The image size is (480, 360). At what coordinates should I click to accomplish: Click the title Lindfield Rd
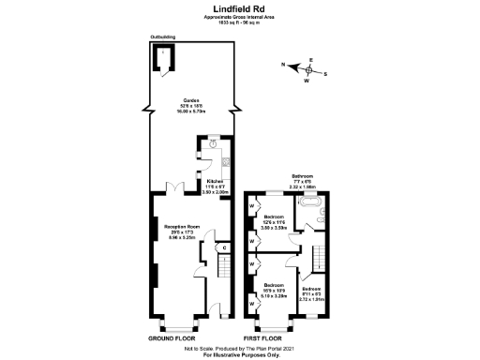coord(239,7)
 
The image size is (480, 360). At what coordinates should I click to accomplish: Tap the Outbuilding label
coord(162,38)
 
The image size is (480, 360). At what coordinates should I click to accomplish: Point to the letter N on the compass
coord(282,65)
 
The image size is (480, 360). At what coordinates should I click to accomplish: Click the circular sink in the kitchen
coord(213,144)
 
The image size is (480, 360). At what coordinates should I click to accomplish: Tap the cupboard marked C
coord(226,247)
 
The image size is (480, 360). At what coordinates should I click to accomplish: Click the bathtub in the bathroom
coord(308,202)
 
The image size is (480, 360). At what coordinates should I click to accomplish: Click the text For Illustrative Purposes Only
coord(239,353)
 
